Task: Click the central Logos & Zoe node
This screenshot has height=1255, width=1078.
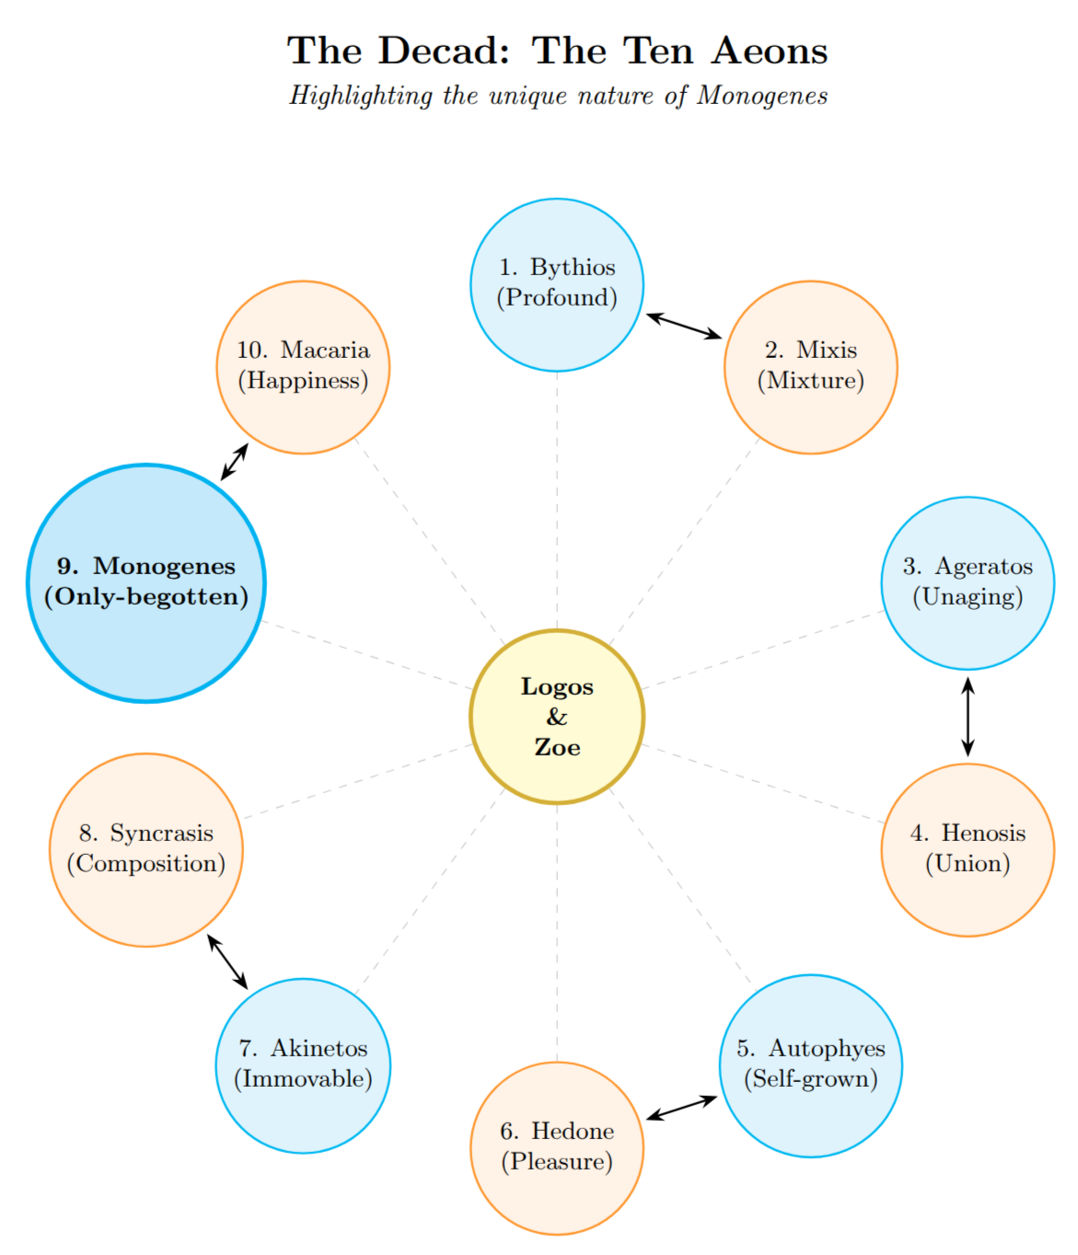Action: [557, 717]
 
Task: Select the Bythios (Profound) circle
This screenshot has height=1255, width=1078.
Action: [557, 284]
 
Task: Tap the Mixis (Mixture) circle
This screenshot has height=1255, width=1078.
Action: [811, 367]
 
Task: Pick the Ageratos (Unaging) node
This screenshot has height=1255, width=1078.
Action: [968, 582]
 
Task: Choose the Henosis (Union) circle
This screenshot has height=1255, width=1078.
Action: [968, 849]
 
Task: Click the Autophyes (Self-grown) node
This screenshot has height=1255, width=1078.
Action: [811, 1065]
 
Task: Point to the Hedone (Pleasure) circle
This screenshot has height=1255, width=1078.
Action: [557, 1147]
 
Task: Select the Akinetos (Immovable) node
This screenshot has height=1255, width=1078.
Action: [303, 1065]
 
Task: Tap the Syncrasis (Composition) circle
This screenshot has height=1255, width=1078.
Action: [146, 849]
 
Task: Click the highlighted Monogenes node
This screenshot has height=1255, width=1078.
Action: [146, 582]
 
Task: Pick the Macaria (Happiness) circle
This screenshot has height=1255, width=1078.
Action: [303, 367]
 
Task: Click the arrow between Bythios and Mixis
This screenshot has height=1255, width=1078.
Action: [684, 326]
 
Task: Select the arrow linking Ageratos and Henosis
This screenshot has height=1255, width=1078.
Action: [968, 717]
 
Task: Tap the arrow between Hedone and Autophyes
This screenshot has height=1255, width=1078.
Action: [682, 1108]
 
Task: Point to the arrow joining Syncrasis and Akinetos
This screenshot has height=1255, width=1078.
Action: [227, 961]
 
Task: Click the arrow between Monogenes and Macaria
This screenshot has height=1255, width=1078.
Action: [235, 462]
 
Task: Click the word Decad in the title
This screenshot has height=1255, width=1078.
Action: [443, 51]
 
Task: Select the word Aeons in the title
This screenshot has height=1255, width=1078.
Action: [770, 51]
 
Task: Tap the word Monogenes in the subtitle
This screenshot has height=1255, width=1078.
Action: [761, 96]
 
